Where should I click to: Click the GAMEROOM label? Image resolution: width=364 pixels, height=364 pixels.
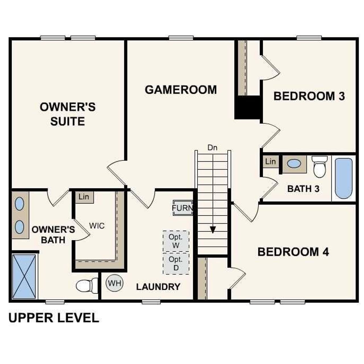pos(181,90)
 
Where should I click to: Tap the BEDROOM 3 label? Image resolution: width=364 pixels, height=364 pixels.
pos(309,96)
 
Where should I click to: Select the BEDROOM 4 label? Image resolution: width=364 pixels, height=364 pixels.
pos(293,252)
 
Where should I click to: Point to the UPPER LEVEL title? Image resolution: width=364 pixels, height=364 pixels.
pos(54,318)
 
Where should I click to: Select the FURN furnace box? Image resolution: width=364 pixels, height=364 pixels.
pos(182,208)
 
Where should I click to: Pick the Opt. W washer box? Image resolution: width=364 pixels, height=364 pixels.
pos(176,241)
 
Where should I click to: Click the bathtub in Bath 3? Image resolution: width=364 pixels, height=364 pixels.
pos(344,178)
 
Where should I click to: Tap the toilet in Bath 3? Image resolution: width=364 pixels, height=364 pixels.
pos(320,167)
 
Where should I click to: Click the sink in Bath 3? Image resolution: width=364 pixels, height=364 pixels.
pos(294,164)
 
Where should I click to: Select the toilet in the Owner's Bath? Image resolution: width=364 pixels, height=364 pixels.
pos(87,285)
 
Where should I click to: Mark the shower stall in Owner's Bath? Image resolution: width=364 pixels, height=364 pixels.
pos(24,276)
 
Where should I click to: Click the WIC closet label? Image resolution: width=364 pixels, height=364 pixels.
pos(97,226)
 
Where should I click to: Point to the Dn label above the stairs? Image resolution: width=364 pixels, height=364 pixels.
pos(212,148)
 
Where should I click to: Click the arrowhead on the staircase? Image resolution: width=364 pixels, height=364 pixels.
pos(213,229)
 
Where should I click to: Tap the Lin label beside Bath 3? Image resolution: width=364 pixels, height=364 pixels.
pos(270,162)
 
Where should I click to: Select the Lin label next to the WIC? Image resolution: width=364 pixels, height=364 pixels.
pos(84,197)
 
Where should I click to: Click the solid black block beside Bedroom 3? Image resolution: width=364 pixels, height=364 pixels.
pos(247,107)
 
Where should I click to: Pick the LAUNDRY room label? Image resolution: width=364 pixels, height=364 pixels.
pos(158,287)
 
